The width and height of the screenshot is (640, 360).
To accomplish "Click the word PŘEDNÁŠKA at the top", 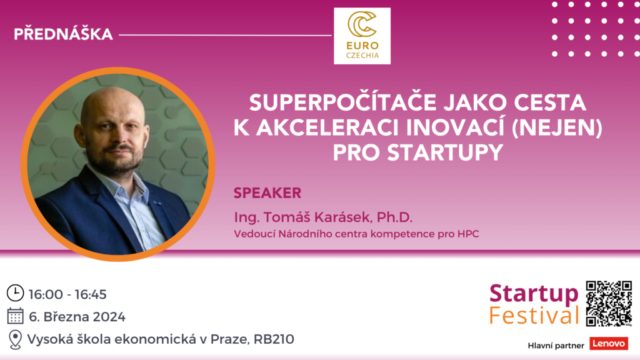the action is click(x=63, y=34).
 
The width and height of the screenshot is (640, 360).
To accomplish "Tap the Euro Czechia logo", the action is click(x=362, y=36).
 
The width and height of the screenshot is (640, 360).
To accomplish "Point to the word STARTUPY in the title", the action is click(x=445, y=152).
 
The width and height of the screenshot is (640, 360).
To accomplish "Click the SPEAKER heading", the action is click(x=267, y=193).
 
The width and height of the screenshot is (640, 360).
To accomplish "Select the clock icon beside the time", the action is click(x=16, y=293).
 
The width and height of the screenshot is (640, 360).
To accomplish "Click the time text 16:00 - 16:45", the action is click(x=67, y=294).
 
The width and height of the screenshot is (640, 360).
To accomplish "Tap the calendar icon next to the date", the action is click(x=16, y=316).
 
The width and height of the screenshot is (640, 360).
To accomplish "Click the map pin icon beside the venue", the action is click(x=15, y=339).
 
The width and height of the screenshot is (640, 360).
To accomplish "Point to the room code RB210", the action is click(x=274, y=339).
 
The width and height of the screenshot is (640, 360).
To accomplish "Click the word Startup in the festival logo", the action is click(x=534, y=294).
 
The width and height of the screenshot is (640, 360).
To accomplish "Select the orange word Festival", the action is click(x=534, y=316).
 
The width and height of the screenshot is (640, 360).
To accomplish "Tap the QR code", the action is click(x=609, y=303).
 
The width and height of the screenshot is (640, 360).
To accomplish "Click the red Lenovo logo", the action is click(x=609, y=344).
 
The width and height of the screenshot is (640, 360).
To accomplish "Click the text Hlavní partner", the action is click(x=556, y=346).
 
